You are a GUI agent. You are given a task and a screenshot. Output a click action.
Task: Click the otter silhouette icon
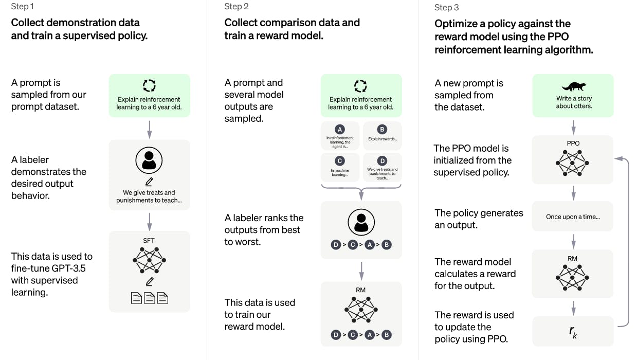pos(574,86)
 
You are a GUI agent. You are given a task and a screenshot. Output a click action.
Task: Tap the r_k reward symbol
pos(573,332)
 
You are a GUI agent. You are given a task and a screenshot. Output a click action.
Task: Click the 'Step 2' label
pos(236,6)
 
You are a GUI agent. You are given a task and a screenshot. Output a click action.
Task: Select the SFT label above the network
pos(149,241)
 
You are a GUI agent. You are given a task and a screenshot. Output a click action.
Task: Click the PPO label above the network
pos(573,143)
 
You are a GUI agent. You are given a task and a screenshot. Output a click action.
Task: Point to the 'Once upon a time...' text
pos(573,217)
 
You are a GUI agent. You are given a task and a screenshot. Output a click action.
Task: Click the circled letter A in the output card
pos(339,130)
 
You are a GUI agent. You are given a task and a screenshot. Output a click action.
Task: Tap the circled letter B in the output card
pos(382,130)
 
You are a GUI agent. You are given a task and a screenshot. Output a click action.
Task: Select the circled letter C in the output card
pos(339,161)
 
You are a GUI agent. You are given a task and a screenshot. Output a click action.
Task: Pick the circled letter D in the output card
pos(382,161)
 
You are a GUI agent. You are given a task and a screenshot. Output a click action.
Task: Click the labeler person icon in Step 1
pos(149,160)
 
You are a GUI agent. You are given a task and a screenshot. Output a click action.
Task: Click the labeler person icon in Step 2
pos(361,222)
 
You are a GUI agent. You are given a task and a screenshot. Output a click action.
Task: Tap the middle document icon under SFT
pos(150,298)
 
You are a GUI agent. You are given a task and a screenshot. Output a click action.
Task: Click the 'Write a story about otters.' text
pos(574,102)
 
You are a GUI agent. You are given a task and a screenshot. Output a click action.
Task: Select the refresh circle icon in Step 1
pos(149,85)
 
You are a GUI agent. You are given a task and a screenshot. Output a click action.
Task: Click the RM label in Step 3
pos(572,259)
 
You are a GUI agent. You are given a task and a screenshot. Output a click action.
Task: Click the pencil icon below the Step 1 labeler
pos(149,182)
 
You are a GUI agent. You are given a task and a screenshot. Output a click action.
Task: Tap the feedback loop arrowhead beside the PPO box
pos(618,159)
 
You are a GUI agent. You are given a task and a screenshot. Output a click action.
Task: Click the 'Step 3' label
pos(446,7)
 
